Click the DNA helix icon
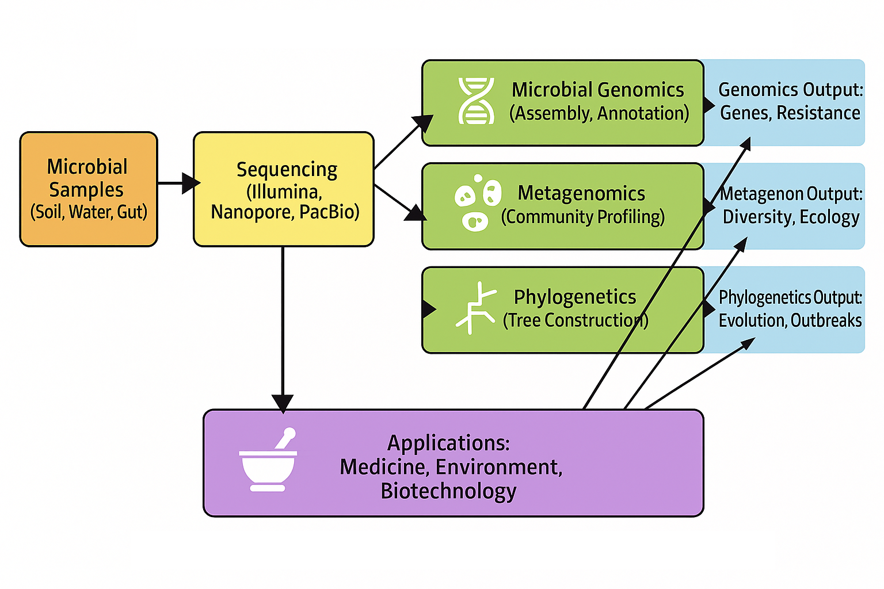[476, 101]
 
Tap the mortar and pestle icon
[268, 460]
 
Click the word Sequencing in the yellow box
[287, 170]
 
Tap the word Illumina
[284, 191]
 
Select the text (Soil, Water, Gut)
[89, 212]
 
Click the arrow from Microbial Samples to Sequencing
[178, 183]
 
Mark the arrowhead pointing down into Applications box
[283, 402]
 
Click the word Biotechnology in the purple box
[448, 491]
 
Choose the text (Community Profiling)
[582, 217]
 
